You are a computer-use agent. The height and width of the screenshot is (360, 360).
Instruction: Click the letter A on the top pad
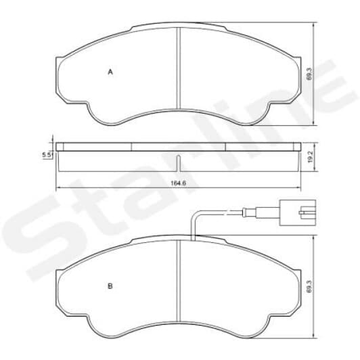point(110,71)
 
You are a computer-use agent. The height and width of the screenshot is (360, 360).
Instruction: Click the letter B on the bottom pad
point(110,286)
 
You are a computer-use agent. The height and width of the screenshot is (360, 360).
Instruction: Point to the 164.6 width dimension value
point(178,181)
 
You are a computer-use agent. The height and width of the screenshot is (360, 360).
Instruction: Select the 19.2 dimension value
point(309,157)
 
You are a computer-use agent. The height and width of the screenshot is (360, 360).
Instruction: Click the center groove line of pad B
point(178,284)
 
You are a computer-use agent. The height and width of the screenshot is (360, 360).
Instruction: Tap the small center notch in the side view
point(178,162)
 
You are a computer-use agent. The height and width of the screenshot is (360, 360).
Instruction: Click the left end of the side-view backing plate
point(58,145)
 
